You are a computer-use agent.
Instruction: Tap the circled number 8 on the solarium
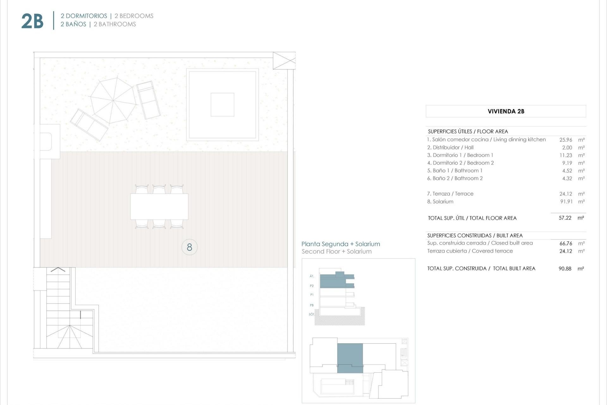pos(189,247)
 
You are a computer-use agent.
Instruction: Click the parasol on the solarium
pos(113,100)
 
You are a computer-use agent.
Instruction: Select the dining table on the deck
pos(159,207)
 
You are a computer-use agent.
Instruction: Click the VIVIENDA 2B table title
pos(506,111)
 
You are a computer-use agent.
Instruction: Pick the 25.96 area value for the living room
pos(566,140)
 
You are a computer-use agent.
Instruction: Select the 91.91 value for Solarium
pos(566,202)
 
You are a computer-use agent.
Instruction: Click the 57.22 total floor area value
pos(565,218)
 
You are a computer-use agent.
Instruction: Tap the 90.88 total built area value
pos(565,269)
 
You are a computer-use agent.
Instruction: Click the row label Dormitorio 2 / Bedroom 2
pos(460,163)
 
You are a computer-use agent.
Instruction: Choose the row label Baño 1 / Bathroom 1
pos(455,171)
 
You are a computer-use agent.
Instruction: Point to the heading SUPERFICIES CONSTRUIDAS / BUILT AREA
pos(475,235)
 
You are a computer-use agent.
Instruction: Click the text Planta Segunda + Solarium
pos(340,244)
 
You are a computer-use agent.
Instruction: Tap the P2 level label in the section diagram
pos(312,286)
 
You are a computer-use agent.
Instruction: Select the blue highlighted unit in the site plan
pos(350,358)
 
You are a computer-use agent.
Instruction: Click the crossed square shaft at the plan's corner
pos(284,60)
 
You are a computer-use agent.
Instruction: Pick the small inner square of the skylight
pos(222,105)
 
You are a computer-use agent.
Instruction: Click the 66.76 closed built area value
pos(566,243)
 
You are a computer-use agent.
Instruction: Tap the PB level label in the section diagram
pos(312,305)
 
